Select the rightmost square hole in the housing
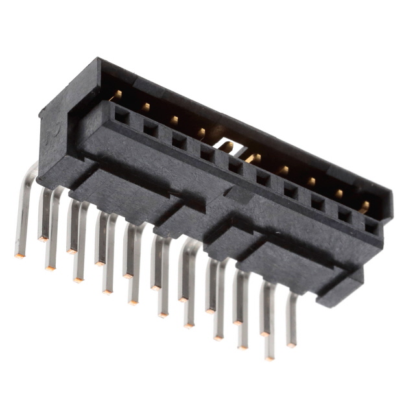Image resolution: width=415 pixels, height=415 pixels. point(371,225)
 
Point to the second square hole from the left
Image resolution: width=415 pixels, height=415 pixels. point(150,128)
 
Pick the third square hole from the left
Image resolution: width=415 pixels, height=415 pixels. point(178,141)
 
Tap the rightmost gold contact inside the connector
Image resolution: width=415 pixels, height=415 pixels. point(365,206)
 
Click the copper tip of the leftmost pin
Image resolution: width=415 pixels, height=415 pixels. point(18,255)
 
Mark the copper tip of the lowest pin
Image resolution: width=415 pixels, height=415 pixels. point(268,357)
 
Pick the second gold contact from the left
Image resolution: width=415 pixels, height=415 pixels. point(146,106)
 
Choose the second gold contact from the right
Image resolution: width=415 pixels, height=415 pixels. point(338,193)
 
